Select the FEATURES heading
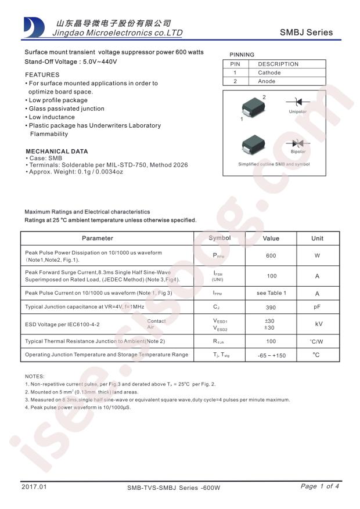pyautogui.click(x=42, y=75)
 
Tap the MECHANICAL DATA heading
pyautogui.click(x=56, y=151)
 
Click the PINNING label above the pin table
pyautogui.click(x=242, y=54)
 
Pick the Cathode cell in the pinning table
pyautogui.click(x=269, y=73)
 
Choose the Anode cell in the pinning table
pyautogui.click(x=267, y=81)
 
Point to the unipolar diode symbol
pyautogui.click(x=297, y=102)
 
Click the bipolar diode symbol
pyautogui.click(x=298, y=143)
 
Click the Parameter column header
pyautogui.click(x=98, y=239)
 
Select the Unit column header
pyautogui.click(x=317, y=239)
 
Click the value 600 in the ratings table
pyautogui.click(x=271, y=256)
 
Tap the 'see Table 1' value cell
pyautogui.click(x=271, y=293)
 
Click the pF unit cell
pyautogui.click(x=317, y=306)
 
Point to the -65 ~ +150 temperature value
pyautogui.click(x=271, y=355)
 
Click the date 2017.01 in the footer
pyautogui.click(x=33, y=486)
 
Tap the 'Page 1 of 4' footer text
pyautogui.click(x=320, y=486)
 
